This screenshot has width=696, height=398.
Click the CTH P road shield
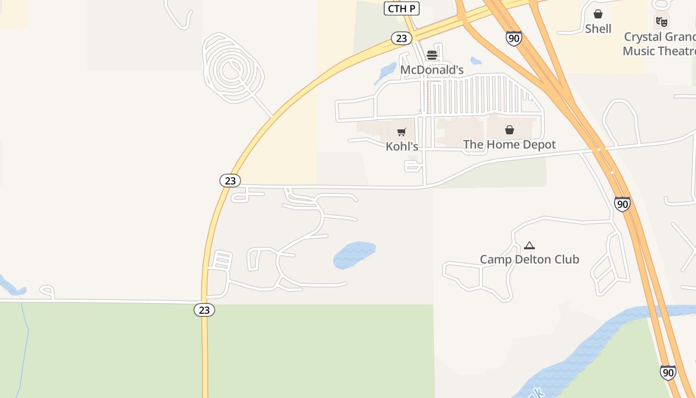click(402, 8)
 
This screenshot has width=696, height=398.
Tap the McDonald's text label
click(432, 70)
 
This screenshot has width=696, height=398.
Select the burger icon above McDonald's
click(432, 55)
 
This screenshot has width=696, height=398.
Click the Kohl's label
click(402, 146)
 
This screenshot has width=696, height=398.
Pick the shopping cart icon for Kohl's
click(402, 132)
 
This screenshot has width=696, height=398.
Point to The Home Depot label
click(509, 145)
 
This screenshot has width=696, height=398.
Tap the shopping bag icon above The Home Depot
click(510, 130)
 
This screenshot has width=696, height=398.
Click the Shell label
click(598, 29)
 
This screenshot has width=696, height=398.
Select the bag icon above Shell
click(598, 14)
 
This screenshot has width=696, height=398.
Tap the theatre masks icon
click(661, 21)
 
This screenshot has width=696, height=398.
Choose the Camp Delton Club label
click(529, 259)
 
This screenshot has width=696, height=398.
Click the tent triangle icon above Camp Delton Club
click(529, 245)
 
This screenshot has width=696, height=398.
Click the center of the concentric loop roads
click(230, 70)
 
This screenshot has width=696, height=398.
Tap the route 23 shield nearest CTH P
click(401, 38)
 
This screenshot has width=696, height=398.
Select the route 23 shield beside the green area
click(204, 310)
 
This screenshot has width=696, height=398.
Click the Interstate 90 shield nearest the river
click(668, 372)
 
